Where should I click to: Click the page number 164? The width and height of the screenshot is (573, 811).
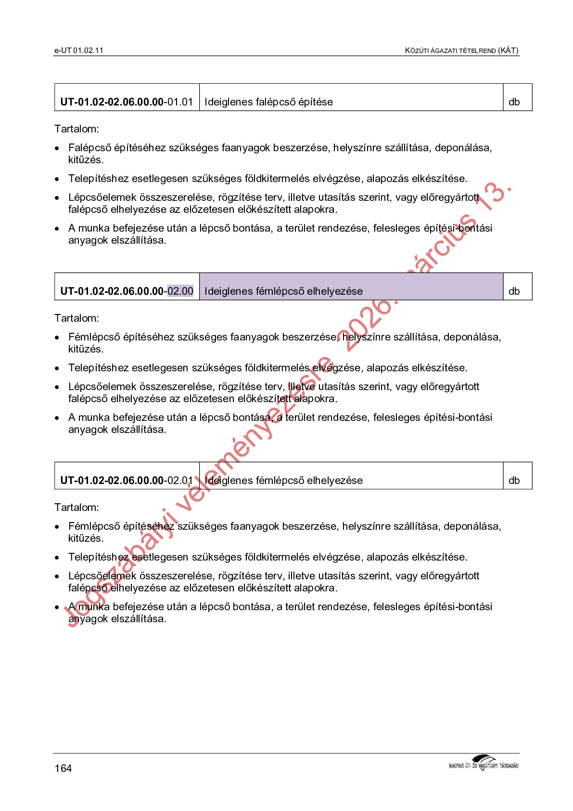pos(63,768)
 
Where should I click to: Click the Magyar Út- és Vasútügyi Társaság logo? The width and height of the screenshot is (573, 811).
pos(484,763)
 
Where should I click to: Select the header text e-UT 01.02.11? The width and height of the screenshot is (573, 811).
pos(79,50)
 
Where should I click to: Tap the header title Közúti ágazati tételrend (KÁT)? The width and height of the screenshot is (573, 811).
pos(461,50)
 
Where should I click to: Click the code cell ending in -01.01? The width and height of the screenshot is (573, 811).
pos(127,102)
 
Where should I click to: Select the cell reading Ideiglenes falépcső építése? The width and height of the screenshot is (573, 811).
pos(268,102)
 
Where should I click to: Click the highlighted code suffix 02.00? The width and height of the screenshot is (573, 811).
pos(180,291)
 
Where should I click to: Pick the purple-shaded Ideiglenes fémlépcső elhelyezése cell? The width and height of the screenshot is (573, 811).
pos(351,287)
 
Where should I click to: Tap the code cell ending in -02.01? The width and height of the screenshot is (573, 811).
pos(127,480)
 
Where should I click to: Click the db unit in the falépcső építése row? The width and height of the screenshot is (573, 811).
pos(514,102)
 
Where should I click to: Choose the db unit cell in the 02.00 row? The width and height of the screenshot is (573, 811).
pos(514,291)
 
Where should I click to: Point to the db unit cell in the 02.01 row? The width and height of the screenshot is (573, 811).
pos(514,480)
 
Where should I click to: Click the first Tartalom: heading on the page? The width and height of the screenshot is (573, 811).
pos(76,129)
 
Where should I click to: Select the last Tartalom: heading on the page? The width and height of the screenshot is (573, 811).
pos(76,507)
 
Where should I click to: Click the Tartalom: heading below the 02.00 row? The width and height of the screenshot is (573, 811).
pos(76,318)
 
